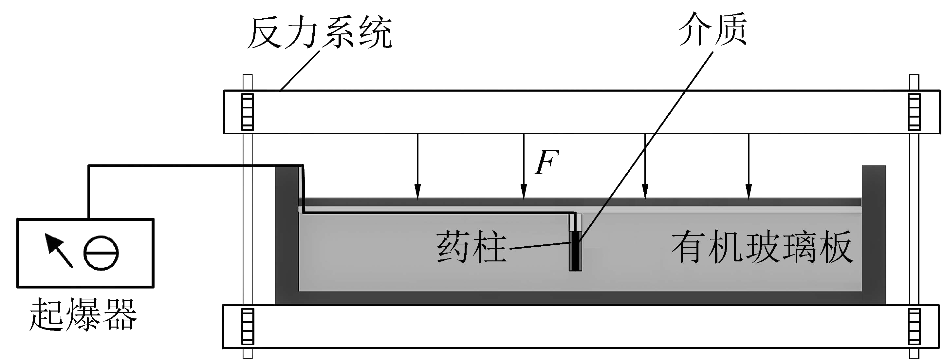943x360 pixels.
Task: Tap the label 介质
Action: pyautogui.click(x=712, y=29)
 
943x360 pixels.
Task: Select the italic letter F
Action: pyautogui.click(x=546, y=162)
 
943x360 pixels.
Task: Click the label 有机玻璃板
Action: pyautogui.click(x=762, y=247)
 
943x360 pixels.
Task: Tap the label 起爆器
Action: pyautogui.click(x=83, y=314)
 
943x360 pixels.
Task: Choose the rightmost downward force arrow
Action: pyautogui.click(x=749, y=167)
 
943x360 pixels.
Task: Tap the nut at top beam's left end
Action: pyautogui.click(x=248, y=112)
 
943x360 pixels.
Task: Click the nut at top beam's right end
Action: pyautogui.click(x=914, y=112)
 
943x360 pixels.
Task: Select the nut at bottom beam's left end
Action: pyautogui.click(x=248, y=327)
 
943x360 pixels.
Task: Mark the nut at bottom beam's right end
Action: pyautogui.click(x=914, y=327)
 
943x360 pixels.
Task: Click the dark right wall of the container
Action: pyautogui.click(x=874, y=235)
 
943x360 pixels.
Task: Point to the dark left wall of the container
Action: pyautogui.click(x=287, y=235)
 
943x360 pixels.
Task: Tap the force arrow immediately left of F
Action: pyautogui.click(x=524, y=167)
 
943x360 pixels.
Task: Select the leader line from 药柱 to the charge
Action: pyautogui.click(x=540, y=246)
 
